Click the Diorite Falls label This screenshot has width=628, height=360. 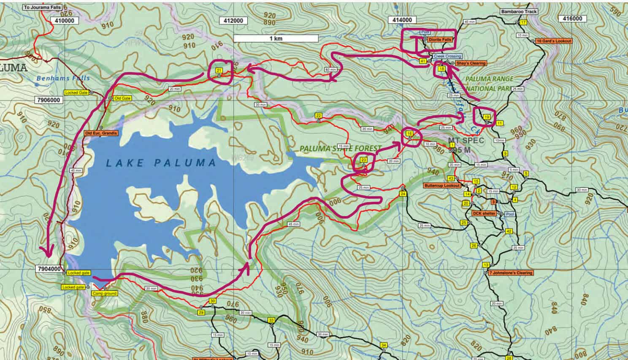[439, 39]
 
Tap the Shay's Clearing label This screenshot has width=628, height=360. [471, 63]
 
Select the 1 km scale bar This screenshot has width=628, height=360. [276, 38]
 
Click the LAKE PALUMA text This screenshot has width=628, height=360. [161, 163]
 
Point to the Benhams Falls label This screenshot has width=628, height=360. [63, 78]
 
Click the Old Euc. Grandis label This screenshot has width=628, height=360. [101, 133]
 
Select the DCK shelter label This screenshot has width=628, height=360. [484, 214]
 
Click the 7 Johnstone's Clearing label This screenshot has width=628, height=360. [511, 273]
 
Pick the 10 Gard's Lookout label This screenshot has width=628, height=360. [554, 41]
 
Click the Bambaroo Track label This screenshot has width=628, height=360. [519, 12]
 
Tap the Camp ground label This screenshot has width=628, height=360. [105, 293]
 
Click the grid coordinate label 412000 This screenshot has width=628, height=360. [233, 20]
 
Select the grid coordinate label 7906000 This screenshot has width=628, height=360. [49, 100]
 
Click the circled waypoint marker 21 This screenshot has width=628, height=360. [219, 70]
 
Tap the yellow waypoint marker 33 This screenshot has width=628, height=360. [271, 320]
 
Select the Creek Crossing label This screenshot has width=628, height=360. [447, 56]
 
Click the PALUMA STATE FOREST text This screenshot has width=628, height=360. [340, 149]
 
